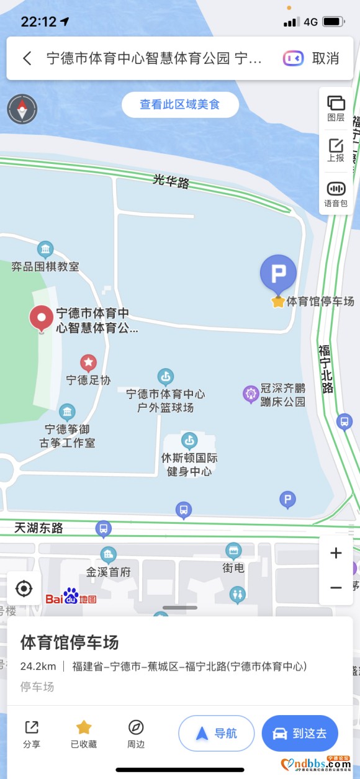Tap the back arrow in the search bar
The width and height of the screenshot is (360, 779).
[x=27, y=58]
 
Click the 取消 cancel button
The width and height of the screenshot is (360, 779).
[x=325, y=58]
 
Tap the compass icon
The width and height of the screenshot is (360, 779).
[x=22, y=109]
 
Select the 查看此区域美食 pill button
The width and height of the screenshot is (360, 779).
[x=180, y=105]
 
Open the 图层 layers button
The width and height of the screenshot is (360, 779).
[x=336, y=108]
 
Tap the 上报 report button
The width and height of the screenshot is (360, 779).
[x=336, y=150]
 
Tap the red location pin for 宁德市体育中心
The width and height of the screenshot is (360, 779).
[x=42, y=318]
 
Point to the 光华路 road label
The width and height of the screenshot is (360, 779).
[x=171, y=181]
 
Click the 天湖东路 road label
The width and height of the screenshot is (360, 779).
[x=39, y=528]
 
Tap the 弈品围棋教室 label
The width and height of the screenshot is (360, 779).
[x=45, y=267]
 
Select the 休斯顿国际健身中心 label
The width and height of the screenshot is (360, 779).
[x=189, y=464]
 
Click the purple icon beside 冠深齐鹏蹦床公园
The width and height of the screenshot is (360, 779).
[x=251, y=394]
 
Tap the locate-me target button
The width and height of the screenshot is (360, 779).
[x=24, y=588]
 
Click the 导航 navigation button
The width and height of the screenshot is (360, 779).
[x=216, y=733]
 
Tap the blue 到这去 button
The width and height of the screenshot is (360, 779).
[x=300, y=733]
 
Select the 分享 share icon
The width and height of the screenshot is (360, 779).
[x=32, y=733]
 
